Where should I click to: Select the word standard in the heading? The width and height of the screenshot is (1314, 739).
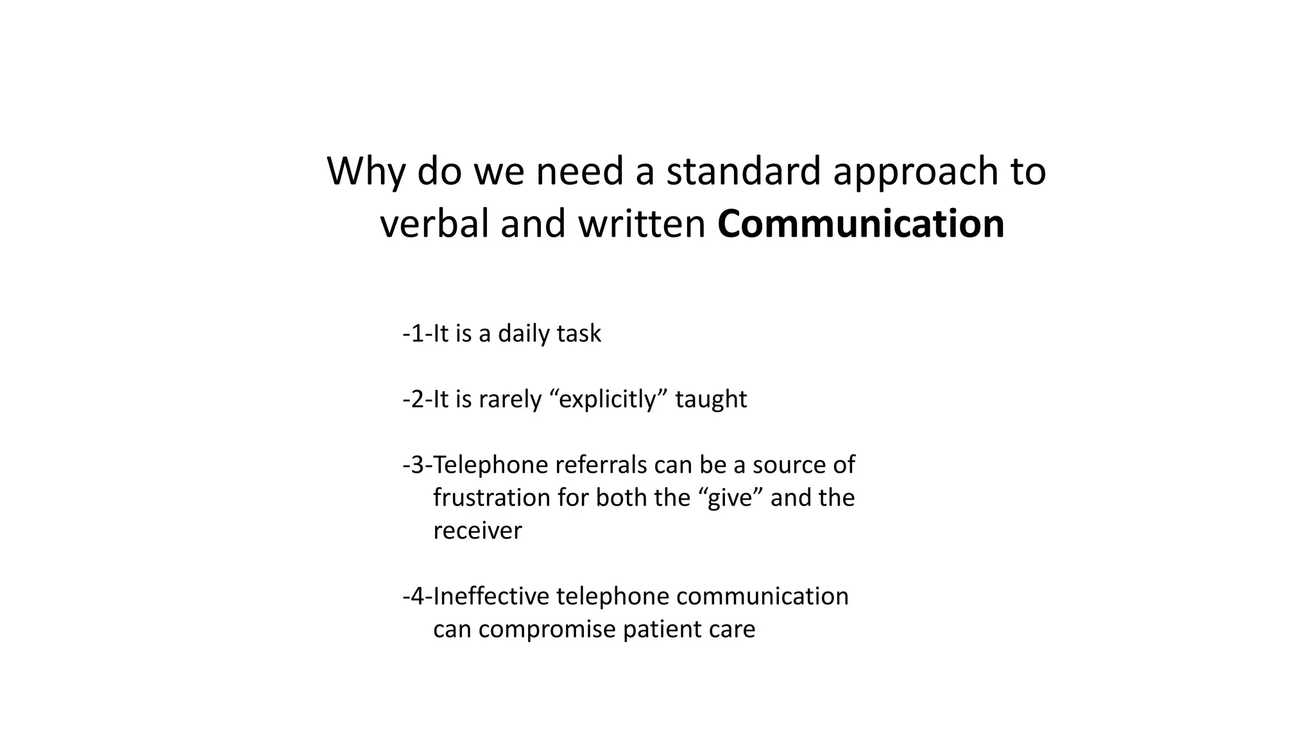click(x=744, y=171)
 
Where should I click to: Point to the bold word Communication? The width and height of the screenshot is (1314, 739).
click(x=860, y=224)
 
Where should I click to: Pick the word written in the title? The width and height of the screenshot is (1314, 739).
click(x=642, y=224)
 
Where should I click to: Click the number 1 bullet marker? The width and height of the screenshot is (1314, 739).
click(x=417, y=334)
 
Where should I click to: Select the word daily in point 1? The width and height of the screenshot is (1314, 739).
click(x=521, y=334)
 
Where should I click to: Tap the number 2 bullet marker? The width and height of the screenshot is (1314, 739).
click(x=417, y=399)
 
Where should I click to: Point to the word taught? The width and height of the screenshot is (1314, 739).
click(x=711, y=399)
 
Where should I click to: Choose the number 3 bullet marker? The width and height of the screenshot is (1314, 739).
click(x=417, y=464)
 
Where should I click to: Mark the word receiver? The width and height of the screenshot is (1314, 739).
click(x=477, y=531)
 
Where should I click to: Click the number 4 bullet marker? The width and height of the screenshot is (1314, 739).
click(x=417, y=596)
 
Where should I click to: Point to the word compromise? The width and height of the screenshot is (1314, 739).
click(x=547, y=629)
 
